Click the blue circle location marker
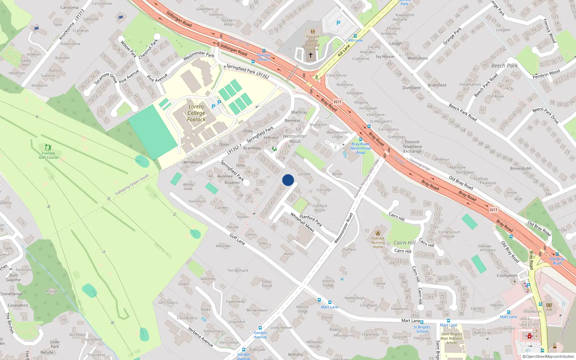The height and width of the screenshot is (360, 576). (288, 180)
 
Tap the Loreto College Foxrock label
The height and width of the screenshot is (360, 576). (196, 113)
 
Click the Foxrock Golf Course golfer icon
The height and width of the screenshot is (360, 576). (48, 147)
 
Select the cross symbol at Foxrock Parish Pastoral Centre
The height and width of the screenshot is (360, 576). (311, 55)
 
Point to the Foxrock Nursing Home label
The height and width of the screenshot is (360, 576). (378, 242)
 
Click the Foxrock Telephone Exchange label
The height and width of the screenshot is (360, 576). (412, 147)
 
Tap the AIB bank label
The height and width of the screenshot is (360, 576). (549, 310)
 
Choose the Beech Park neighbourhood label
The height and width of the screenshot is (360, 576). (504, 66)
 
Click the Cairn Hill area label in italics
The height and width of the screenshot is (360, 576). (405, 243)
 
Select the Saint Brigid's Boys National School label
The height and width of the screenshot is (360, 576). (452, 338)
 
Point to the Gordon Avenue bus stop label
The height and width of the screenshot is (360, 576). (260, 335)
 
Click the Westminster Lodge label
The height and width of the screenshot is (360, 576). (337, 135)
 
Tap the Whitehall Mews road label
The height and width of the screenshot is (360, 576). (302, 222)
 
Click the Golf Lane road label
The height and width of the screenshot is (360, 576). (237, 239)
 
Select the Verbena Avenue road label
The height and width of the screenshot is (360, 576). (201, 337)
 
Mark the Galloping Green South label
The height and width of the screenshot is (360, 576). (132, 185)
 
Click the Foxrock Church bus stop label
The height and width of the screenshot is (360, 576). (264, 57)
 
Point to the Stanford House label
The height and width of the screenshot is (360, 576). (320, 208)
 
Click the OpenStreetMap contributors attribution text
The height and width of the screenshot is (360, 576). (550, 357)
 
